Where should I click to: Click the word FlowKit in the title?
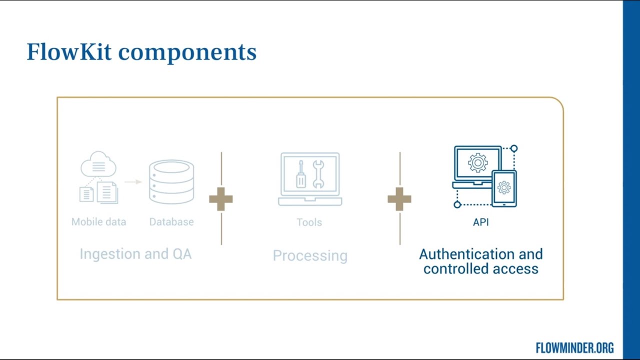[x=69, y=52]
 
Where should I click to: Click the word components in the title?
[x=187, y=53]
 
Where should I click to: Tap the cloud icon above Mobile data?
[x=98, y=164]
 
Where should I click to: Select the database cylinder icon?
[x=171, y=181]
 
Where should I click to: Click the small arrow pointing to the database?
[x=133, y=181]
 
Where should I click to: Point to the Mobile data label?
[x=98, y=221]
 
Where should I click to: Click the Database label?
[x=171, y=221]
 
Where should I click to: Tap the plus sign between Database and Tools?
[x=221, y=199]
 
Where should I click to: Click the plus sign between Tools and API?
[x=399, y=199]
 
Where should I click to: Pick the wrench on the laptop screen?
[x=318, y=174]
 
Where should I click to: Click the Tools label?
[x=309, y=222]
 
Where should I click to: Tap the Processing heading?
[x=310, y=255]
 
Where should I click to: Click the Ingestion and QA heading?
[x=135, y=253]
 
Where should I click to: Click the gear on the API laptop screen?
[x=477, y=162]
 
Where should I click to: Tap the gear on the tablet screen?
[x=504, y=187]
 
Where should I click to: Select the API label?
[x=481, y=222]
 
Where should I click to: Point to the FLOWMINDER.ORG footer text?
[x=574, y=348]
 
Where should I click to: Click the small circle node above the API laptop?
[x=514, y=148]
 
